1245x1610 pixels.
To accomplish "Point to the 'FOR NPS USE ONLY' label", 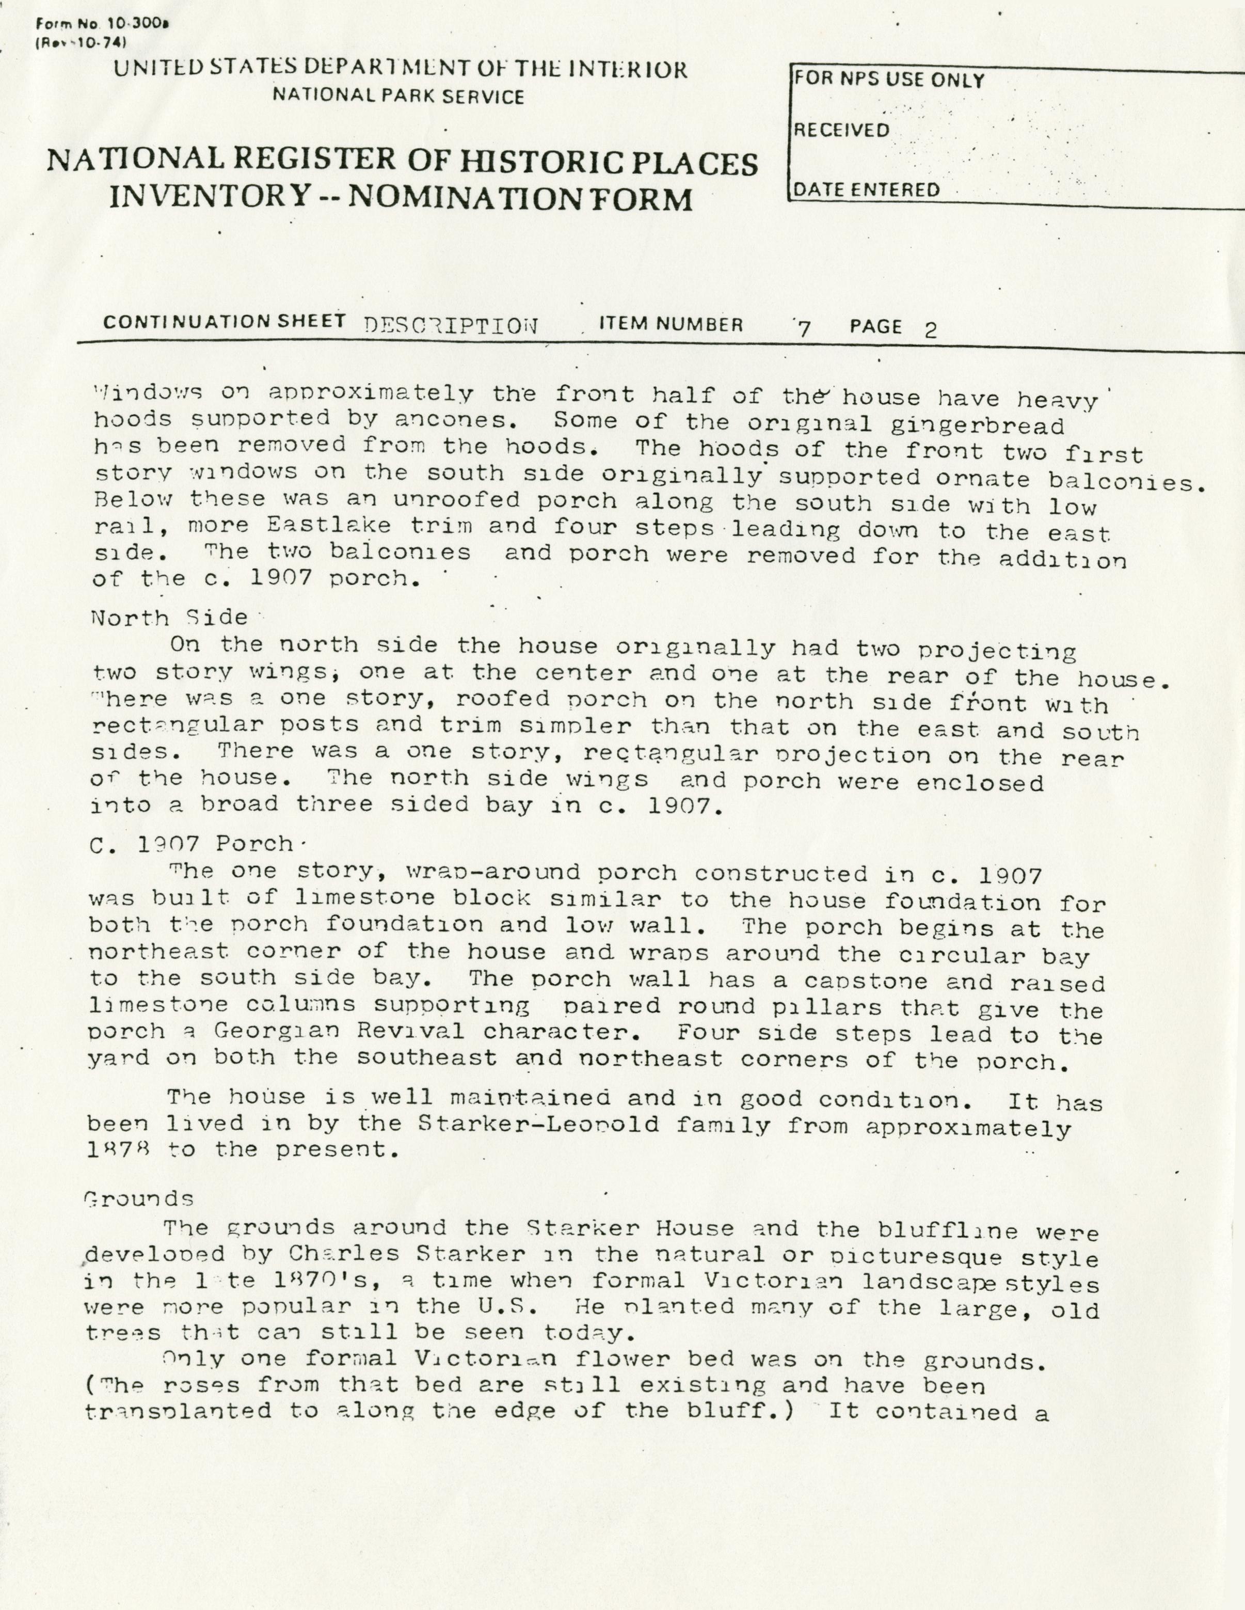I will pos(888,80).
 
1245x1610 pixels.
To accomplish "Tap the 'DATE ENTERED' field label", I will pos(866,190).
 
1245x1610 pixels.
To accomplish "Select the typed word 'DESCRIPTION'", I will pos(451,326).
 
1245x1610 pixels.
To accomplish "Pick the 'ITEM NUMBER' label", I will pos(671,324).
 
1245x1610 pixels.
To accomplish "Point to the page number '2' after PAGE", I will pos(930,329).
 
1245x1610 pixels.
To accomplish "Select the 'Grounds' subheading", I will pos(140,1198).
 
